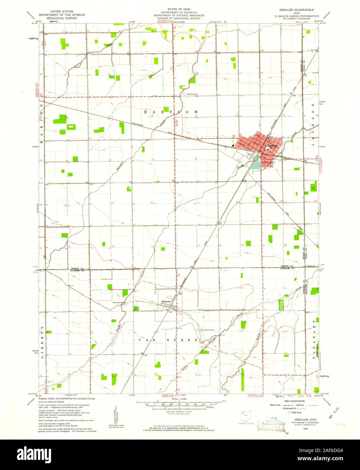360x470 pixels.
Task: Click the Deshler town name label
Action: [x=272, y=146]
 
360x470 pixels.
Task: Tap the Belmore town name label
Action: [x=166, y=301]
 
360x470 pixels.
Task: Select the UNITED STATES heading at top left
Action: [x=62, y=11]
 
